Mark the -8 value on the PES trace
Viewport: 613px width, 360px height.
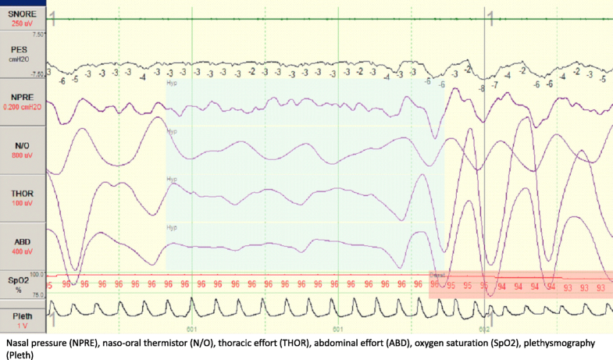pyautogui.click(x=482, y=88)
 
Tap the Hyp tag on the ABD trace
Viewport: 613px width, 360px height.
pyautogui.click(x=171, y=227)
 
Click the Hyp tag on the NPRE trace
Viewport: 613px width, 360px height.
pyautogui.click(x=171, y=82)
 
